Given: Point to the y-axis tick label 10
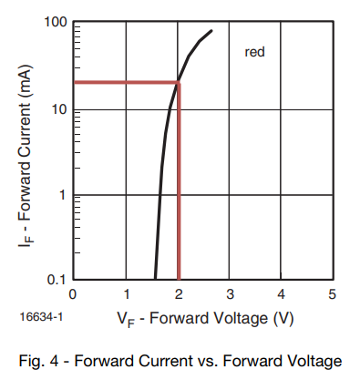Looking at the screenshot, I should [57, 110].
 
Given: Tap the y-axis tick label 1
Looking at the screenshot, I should [61, 195].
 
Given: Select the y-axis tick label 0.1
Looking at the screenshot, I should [56, 279].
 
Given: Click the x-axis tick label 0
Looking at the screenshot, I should [73, 293].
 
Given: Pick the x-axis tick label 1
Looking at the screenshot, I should [126, 293].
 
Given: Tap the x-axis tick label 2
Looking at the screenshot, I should [178, 293].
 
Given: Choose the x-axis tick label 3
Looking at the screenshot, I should [230, 293].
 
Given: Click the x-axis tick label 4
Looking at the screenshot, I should [281, 293].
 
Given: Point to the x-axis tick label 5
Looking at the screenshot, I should [333, 293].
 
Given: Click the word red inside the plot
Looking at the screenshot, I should [254, 53].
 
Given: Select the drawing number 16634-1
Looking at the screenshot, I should [38, 318].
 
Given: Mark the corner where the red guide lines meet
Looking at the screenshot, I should [179, 83].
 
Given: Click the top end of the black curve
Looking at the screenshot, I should [211, 31].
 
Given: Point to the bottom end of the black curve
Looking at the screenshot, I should [155, 279].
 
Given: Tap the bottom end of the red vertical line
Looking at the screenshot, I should [179, 279].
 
